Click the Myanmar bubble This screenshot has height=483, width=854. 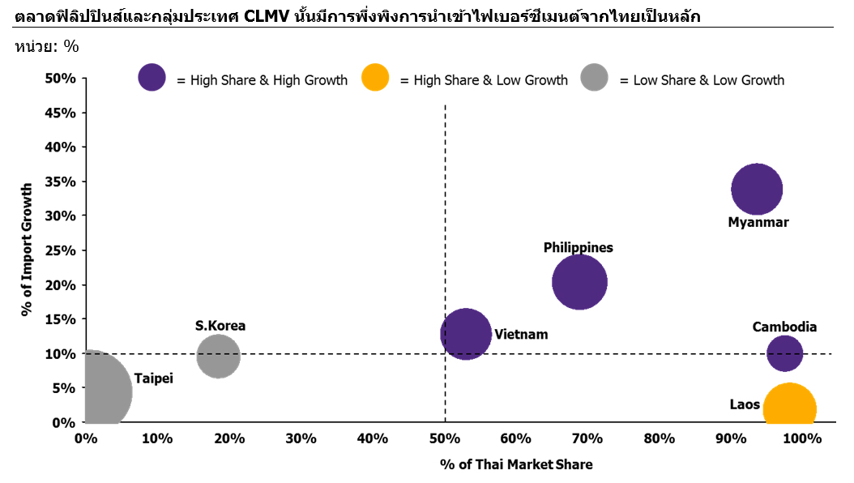[x=757, y=190]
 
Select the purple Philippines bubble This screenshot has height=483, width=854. [x=579, y=282]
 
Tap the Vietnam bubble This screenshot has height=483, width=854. [x=466, y=334]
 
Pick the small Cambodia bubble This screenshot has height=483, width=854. [x=784, y=353]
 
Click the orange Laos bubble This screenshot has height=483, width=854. [x=789, y=408]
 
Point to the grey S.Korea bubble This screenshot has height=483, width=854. [x=218, y=356]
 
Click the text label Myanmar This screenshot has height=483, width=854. [x=758, y=222]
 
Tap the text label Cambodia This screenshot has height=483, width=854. [x=784, y=327]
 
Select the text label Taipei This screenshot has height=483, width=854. [x=154, y=378]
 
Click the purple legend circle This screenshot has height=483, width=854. [x=152, y=78]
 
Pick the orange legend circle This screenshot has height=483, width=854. [x=374, y=78]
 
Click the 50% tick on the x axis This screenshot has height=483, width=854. [x=444, y=438]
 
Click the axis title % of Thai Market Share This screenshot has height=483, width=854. [x=516, y=464]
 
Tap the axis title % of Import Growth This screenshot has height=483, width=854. [x=27, y=249]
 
